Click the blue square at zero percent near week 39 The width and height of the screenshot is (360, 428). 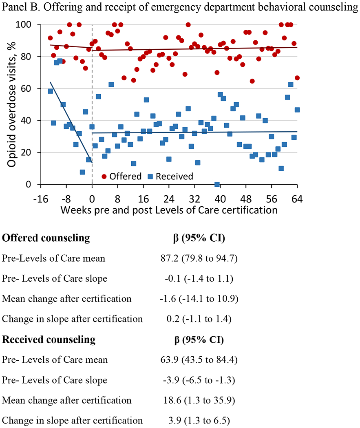217,185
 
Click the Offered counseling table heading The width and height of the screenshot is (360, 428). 46,238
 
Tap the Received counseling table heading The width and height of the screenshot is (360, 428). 49,339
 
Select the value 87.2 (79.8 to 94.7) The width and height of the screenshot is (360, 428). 200,258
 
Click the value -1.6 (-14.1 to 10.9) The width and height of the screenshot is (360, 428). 200,299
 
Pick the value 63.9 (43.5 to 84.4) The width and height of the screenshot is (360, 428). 200,360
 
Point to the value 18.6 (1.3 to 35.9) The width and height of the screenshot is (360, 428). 200,400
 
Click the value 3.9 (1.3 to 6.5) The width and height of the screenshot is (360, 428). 200,420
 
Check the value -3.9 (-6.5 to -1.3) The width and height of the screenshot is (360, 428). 200,380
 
